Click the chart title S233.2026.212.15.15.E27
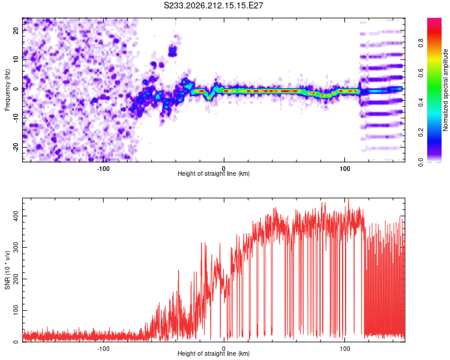(x=213, y=5)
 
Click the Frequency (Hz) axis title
(x=7, y=90)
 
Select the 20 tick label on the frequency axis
(x=16, y=31)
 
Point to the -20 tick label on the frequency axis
(x=16, y=148)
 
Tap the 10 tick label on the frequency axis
(x=16, y=59)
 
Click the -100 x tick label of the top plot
(x=103, y=169)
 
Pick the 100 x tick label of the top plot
(x=344, y=169)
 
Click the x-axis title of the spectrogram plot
(x=214, y=173)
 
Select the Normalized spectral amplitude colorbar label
(x=445, y=90)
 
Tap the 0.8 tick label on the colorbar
(x=421, y=43)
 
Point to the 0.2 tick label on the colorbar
(x=421, y=132)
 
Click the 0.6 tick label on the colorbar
(x=421, y=73)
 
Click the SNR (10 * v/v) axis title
(x=7, y=270)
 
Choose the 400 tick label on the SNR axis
(x=16, y=216)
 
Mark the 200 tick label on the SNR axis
(x=16, y=279)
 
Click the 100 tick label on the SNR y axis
(x=16, y=310)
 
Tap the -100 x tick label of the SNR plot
(x=103, y=349)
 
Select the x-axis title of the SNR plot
(x=214, y=353)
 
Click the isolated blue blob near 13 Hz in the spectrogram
(x=172, y=51)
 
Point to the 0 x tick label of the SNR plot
(x=224, y=349)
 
